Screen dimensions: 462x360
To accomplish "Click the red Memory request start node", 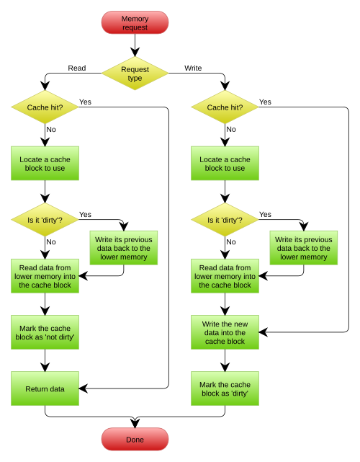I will point(135,22).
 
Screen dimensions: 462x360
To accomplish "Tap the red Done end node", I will point(135,439).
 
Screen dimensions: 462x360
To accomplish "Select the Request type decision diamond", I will point(135,73).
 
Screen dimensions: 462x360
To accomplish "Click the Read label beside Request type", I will point(77,68).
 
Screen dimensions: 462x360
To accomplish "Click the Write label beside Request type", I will point(193,68).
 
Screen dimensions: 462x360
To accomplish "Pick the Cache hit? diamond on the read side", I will point(45,107).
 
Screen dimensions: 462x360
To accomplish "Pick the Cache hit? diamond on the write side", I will point(225,107).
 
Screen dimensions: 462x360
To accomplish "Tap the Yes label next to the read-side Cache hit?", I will point(85,102).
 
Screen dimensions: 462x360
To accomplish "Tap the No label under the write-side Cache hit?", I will point(230,129).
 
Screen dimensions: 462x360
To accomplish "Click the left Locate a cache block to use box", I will point(45,164).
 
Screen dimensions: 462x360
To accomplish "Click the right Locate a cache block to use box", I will point(225,164).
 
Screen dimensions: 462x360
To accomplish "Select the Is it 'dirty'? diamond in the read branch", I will point(45,220).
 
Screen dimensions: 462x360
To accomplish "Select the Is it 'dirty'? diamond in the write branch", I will point(225,220).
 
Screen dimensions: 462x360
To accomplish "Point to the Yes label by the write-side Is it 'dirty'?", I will point(265,214).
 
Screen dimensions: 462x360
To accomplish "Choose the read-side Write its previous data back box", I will point(124,248).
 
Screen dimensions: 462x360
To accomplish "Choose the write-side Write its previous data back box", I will point(304,248).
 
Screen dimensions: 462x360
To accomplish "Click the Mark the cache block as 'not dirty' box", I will point(45,332).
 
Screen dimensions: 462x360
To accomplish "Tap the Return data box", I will point(45,388).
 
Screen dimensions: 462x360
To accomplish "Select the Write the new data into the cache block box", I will point(225,332).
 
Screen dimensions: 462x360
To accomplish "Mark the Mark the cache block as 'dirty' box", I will point(225,388).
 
